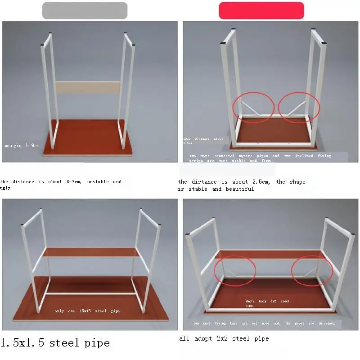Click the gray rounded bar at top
click(x=85, y=10)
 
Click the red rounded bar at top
click(x=261, y=10)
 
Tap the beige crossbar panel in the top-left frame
click(x=88, y=88)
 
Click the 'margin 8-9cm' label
click(x=22, y=146)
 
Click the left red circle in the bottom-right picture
click(x=234, y=270)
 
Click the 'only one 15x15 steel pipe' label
click(x=87, y=311)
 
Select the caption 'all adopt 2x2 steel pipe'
click(x=224, y=338)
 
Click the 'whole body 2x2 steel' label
click(x=267, y=301)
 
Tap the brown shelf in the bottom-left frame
click(x=90, y=252)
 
